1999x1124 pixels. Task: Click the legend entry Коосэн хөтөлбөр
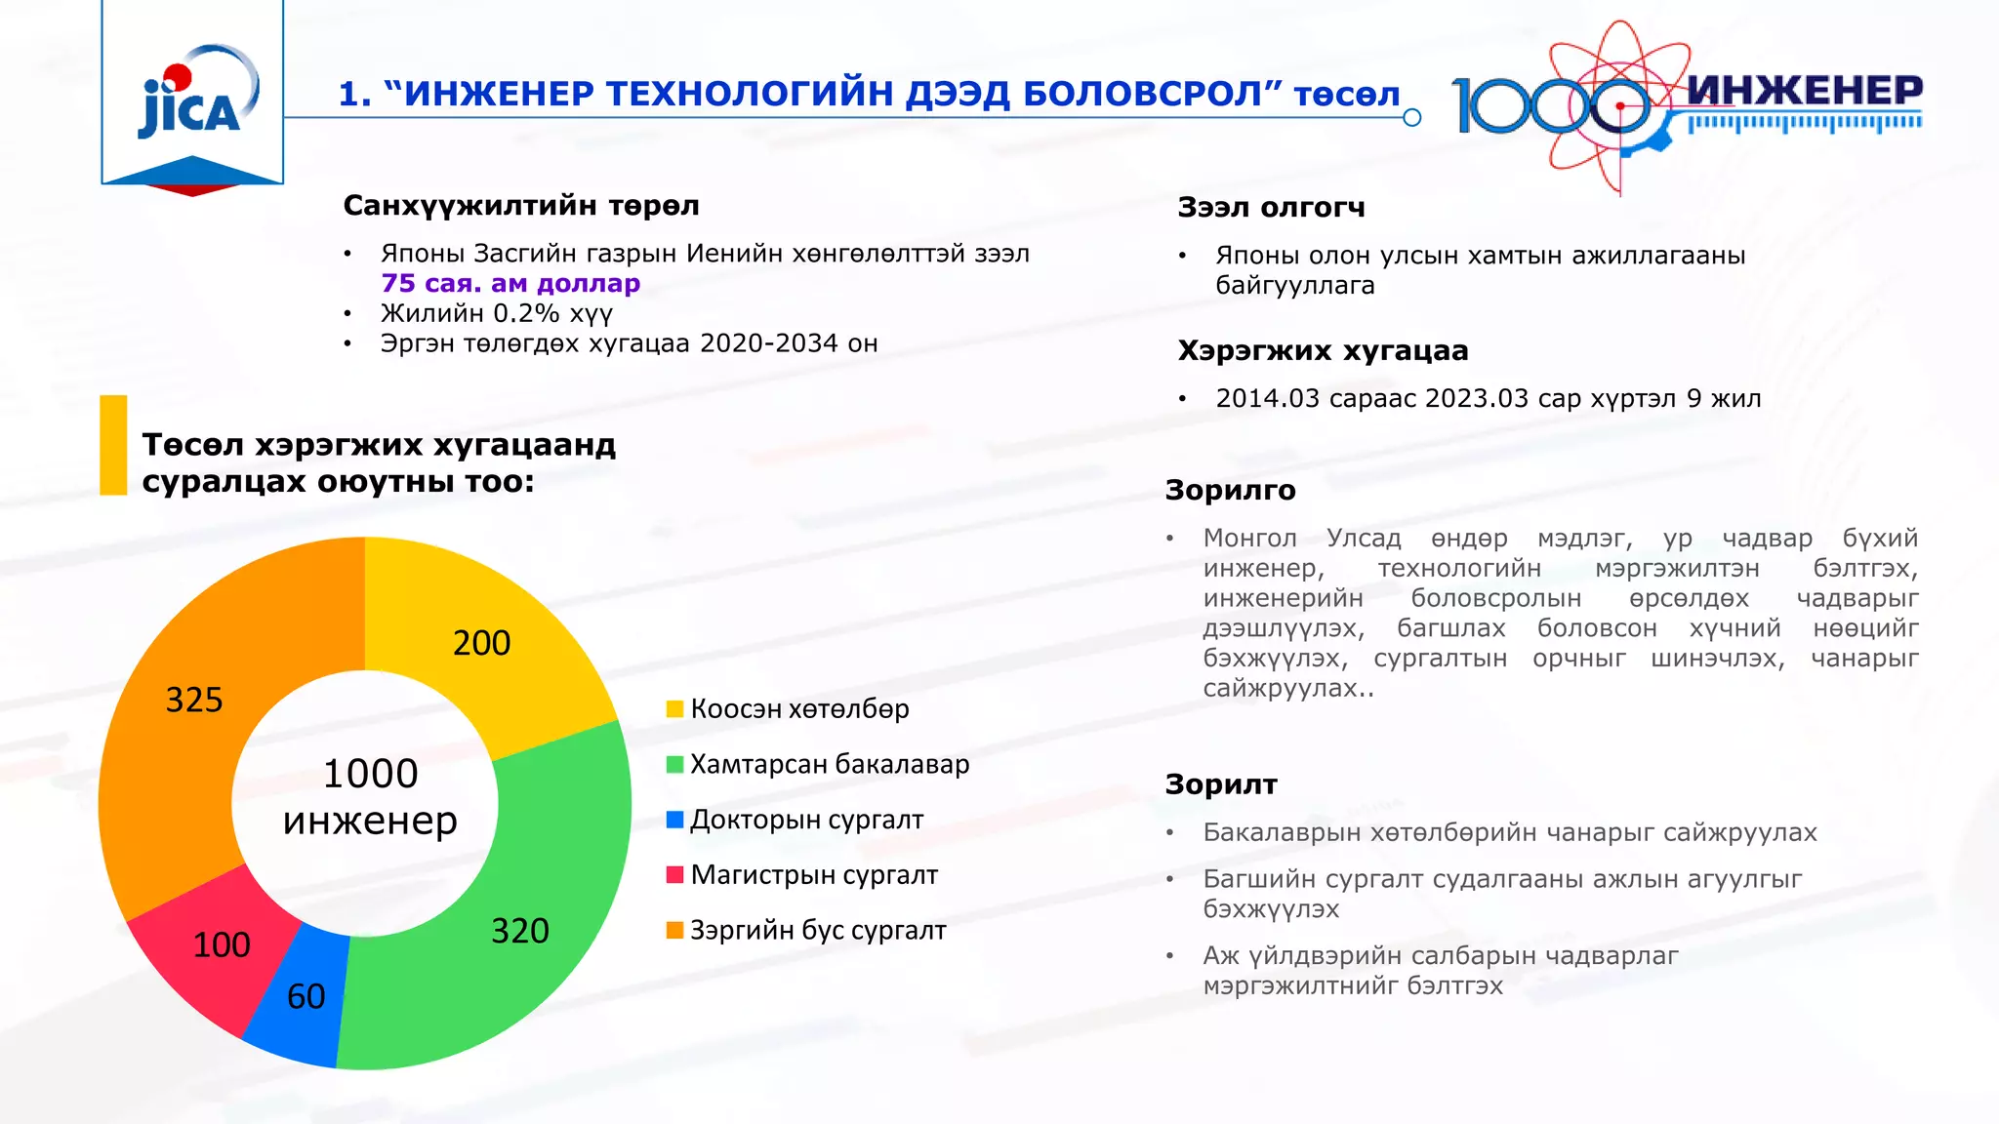pos(798,709)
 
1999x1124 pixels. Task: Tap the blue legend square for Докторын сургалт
pos(674,820)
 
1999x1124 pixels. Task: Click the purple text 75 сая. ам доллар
pos(510,283)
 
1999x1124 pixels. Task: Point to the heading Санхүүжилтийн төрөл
pos(521,206)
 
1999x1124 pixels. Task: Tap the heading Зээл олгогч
pos(1271,208)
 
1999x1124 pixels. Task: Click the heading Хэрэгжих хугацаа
pos(1323,350)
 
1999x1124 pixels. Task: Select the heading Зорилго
pos(1230,490)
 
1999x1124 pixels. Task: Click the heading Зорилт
pos(1221,784)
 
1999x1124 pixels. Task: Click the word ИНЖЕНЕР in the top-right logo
pos(1804,91)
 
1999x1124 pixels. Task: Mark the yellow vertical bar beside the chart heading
pos(114,445)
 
